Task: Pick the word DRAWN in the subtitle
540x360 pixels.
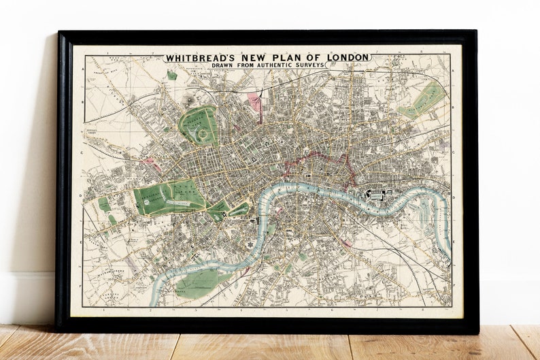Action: point(220,65)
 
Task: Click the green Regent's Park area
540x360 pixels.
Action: point(198,125)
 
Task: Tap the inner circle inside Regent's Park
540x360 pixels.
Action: point(202,135)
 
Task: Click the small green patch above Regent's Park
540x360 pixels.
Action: point(173,76)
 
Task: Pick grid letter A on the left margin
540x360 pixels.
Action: point(83,69)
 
